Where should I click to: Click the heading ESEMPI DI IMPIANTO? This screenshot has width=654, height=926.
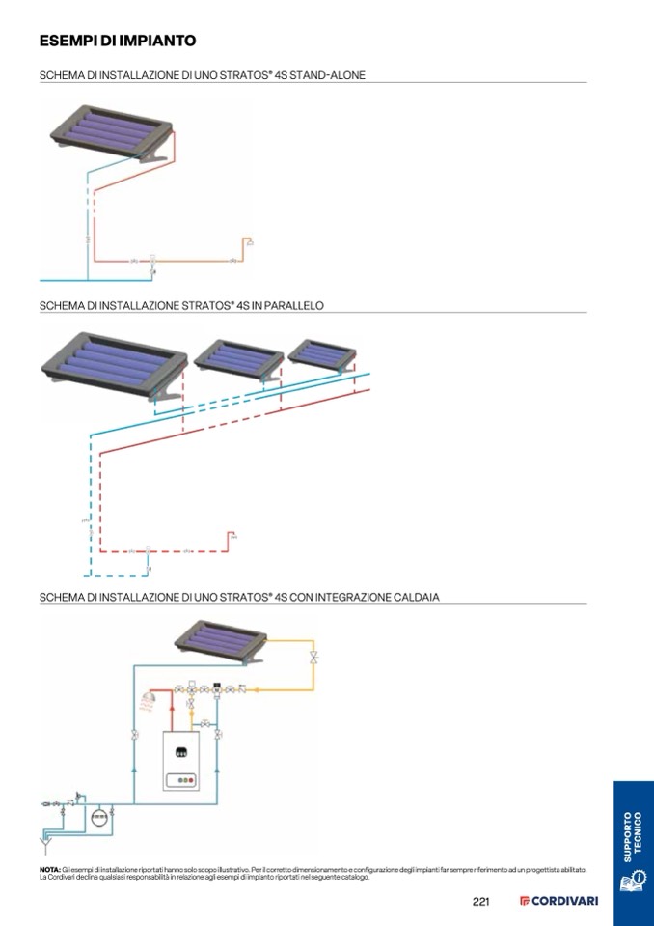tap(118, 42)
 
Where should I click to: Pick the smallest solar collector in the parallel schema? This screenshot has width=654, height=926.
tap(325, 354)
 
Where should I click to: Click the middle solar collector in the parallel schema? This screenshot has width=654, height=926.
tap(239, 359)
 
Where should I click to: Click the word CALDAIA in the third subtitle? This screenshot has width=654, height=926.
tap(417, 597)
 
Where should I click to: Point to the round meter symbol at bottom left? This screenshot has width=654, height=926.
tap(97, 816)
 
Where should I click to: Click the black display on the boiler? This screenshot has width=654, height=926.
tap(180, 751)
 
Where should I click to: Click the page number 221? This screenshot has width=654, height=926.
tap(482, 902)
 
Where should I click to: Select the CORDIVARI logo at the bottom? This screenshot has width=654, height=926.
tap(559, 902)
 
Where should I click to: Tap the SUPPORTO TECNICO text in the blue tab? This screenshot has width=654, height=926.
tap(632, 836)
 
